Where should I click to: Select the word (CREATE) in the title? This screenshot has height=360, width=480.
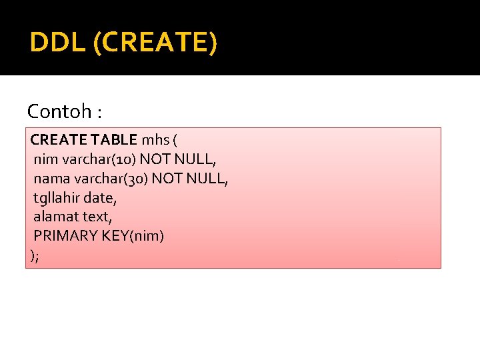point(155,43)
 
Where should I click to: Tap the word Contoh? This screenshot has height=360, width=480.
point(59,111)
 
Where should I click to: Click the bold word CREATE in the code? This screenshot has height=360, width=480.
point(58,141)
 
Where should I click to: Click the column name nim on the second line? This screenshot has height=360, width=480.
point(45,160)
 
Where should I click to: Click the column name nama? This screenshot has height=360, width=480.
point(51,179)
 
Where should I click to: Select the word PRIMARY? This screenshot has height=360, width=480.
point(64,235)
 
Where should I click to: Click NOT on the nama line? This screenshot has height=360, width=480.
point(167,179)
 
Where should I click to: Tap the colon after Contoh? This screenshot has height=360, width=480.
point(99,112)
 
